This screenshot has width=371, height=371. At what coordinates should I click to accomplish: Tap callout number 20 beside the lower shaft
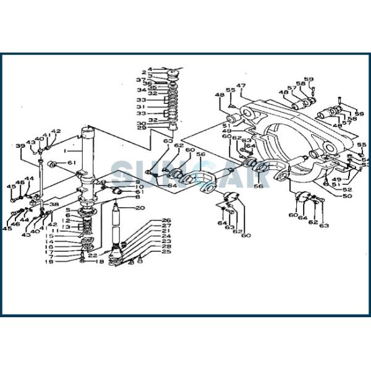(140, 208)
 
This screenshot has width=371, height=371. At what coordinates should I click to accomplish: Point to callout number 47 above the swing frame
(241, 85)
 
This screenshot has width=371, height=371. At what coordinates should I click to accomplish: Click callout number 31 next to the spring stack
(142, 106)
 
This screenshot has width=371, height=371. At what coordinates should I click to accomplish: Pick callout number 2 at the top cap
(143, 72)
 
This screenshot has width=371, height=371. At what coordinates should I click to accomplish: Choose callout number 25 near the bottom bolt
(166, 252)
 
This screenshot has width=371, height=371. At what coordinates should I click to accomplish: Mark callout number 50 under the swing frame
(347, 196)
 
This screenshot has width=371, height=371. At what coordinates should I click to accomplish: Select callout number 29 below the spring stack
(142, 128)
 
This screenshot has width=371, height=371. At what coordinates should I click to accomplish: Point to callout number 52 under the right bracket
(347, 190)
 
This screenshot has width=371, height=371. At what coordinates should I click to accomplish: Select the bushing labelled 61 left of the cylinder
(54, 164)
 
